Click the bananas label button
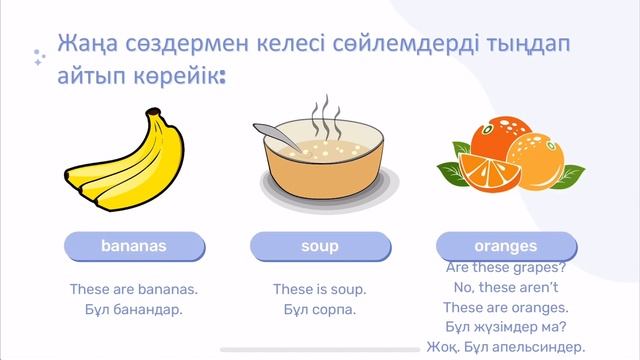(x=133, y=246)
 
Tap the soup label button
(x=320, y=246)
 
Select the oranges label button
(x=507, y=245)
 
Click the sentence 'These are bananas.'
(x=134, y=289)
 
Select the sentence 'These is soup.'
(x=320, y=289)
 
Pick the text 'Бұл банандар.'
(x=134, y=310)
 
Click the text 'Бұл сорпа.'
(x=320, y=310)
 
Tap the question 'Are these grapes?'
(x=506, y=268)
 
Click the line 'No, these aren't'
(x=505, y=288)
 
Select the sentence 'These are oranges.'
(x=506, y=308)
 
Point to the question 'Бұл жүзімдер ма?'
(x=506, y=328)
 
